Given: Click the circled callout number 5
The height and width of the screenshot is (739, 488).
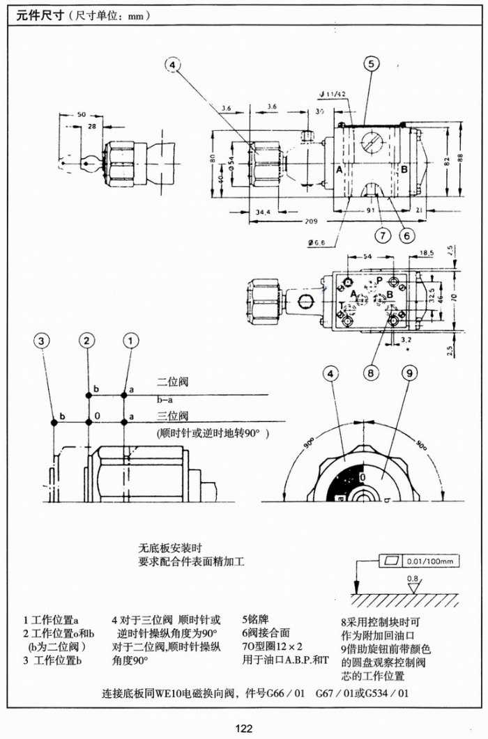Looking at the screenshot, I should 371,64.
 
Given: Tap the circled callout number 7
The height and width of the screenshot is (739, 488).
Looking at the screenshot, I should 382,235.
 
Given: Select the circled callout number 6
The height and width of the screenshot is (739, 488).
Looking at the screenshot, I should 408,235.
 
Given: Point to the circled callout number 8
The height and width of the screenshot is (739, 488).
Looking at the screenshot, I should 372,373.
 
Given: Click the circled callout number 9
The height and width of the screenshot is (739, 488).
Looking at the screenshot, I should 411,373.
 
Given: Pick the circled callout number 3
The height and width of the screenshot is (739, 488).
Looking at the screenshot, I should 43,341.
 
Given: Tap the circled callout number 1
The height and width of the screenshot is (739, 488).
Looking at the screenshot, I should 131,341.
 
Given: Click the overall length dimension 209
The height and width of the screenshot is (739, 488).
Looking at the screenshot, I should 312,221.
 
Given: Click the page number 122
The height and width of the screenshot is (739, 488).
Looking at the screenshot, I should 243,729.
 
